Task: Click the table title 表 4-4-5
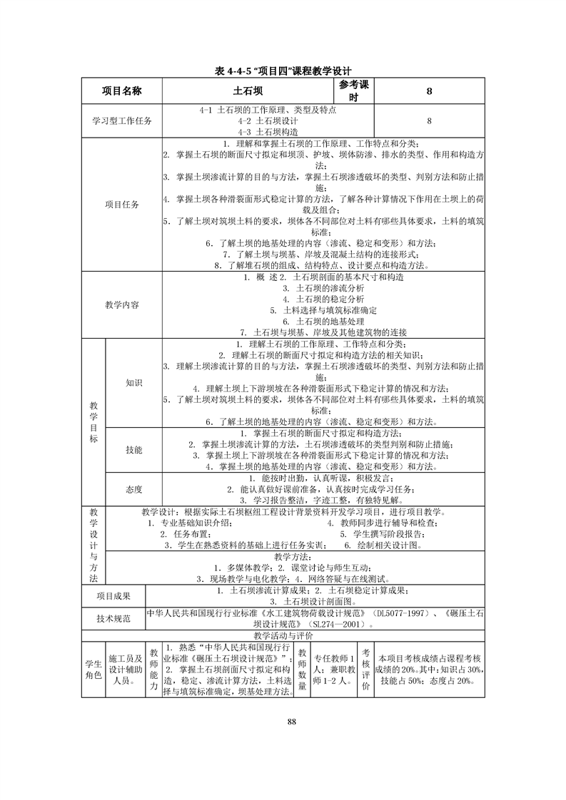283,71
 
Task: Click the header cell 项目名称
122,91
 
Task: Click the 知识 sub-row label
134,383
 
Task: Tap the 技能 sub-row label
134,450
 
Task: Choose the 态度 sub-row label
134,489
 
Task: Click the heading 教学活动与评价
283,635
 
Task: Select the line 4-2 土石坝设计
268,121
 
